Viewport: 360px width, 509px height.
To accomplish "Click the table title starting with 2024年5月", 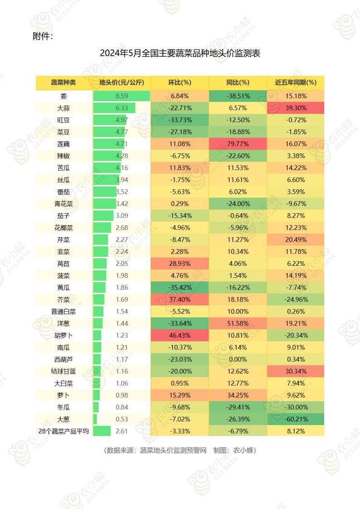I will point(180,54).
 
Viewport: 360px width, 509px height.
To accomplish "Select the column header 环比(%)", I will point(180,83).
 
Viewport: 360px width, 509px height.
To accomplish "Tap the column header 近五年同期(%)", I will point(296,83).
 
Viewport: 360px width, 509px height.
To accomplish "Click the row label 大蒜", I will point(63,108).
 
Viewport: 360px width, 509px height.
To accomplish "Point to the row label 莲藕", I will point(63,144).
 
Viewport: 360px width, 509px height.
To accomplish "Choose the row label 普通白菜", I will point(63,312).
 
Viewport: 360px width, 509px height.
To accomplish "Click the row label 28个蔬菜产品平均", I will point(63,431).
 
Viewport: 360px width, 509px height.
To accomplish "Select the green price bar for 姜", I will point(121,96).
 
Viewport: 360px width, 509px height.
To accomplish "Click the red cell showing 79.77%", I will point(238,144).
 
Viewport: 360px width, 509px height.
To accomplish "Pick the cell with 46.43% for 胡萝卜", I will point(180,335).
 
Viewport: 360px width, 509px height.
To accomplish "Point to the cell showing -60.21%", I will point(296,419).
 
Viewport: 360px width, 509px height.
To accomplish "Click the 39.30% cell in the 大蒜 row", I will point(296,108).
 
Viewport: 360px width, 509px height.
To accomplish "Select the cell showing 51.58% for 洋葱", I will point(238,323).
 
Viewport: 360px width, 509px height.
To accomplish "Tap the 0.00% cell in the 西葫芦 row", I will point(238,359).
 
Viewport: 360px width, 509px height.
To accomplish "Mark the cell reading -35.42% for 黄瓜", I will point(180,287).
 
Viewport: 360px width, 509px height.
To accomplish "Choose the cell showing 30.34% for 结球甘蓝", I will point(296,371).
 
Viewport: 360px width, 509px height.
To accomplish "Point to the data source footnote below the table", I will point(180,450).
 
